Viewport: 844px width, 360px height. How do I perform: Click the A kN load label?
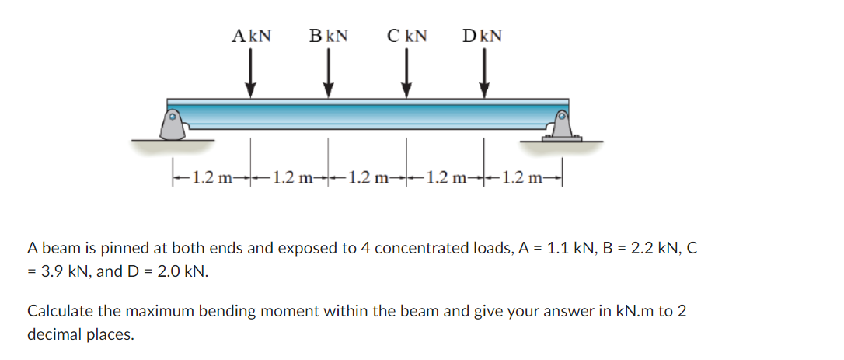[251, 36]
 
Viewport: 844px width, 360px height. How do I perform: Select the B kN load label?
[328, 36]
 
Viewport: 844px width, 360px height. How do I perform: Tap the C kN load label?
[406, 36]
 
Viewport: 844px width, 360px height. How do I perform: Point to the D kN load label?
[482, 36]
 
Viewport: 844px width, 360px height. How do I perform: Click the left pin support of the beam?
[173, 124]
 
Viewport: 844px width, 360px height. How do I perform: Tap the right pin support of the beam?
[561, 124]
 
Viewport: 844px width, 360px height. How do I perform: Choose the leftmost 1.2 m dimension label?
[211, 177]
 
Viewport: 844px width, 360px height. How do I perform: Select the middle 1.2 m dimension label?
[368, 177]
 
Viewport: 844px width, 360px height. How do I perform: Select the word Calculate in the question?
[58, 312]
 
